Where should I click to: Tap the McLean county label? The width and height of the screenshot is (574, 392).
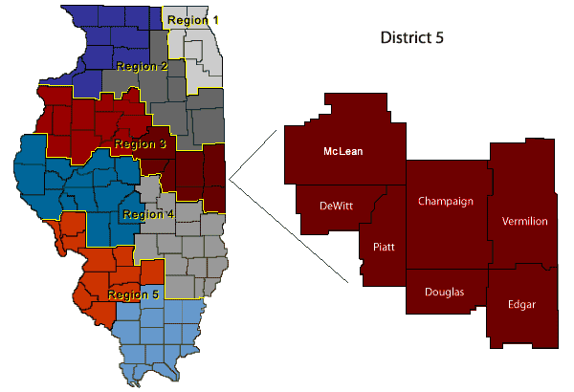[x=342, y=151]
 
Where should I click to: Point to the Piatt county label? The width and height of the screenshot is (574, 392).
[x=383, y=247]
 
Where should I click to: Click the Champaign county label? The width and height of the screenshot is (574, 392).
[x=447, y=202]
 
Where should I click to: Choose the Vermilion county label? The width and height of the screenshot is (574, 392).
[x=524, y=221]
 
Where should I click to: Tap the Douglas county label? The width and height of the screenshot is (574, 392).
[x=445, y=293]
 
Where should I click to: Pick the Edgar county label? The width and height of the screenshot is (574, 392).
[x=521, y=304]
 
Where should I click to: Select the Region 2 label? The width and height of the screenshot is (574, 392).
[x=143, y=66]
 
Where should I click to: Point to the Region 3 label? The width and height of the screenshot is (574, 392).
[x=141, y=144]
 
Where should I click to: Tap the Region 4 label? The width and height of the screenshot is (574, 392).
[x=148, y=214]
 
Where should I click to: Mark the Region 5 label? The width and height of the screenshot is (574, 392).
[x=133, y=294]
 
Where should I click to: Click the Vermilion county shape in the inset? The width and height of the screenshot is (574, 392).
[x=524, y=191]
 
